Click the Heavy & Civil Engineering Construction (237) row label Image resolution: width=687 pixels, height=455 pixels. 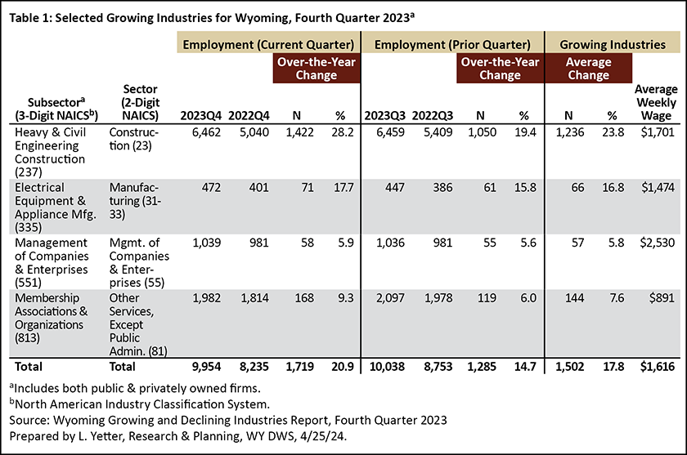[x=51, y=152]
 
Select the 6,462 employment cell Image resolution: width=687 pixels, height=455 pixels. [x=206, y=132]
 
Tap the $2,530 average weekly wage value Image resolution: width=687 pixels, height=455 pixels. [x=658, y=243]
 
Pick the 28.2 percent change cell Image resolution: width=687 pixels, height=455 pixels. [x=343, y=132]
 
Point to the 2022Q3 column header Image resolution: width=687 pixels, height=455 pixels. [x=433, y=115]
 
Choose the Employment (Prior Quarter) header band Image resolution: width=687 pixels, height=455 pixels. [x=452, y=45]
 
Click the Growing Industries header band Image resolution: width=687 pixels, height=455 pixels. [x=613, y=45]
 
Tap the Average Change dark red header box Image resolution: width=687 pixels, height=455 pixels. [x=588, y=69]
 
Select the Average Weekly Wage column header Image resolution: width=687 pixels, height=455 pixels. [x=656, y=102]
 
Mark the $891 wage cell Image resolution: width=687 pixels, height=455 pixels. [x=662, y=298]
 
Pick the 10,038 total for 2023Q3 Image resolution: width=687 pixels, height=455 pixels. [x=387, y=367]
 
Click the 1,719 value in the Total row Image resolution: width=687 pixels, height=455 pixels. [x=299, y=367]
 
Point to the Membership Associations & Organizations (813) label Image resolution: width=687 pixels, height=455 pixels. [x=52, y=318]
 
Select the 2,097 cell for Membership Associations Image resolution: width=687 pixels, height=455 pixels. [x=390, y=298]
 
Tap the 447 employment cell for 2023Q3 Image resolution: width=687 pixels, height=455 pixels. [x=395, y=187]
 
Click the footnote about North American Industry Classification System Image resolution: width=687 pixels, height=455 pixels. [x=139, y=404]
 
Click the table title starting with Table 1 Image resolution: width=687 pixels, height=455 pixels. [x=212, y=18]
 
